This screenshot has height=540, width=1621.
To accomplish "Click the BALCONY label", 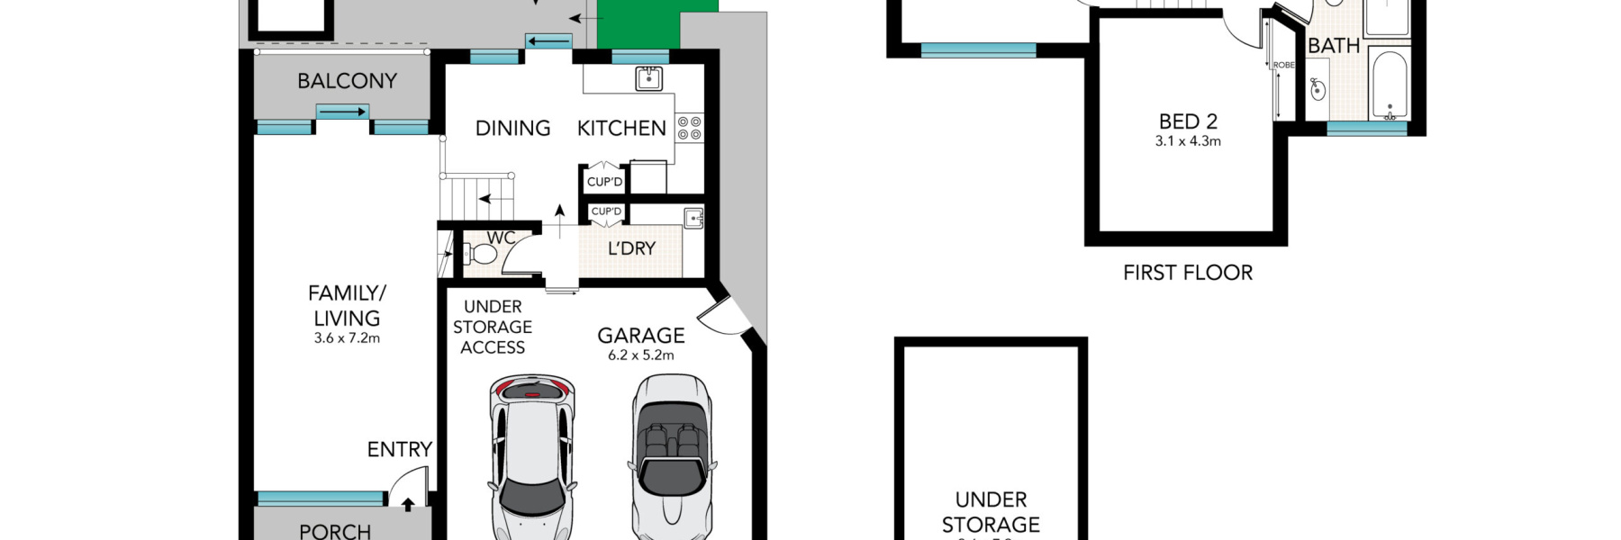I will (x=347, y=81).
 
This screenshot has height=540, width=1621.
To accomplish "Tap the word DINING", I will (x=512, y=129).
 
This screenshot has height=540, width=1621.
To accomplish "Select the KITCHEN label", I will (x=621, y=129).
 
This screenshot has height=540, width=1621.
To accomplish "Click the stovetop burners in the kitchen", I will (x=690, y=128).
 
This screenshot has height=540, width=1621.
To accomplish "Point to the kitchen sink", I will (x=648, y=78).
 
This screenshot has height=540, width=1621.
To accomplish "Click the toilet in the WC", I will (x=481, y=254).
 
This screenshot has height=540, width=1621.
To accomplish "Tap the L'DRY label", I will (x=631, y=248).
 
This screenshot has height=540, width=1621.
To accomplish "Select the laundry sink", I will (x=693, y=217).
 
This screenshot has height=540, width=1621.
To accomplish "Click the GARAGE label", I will (x=641, y=336).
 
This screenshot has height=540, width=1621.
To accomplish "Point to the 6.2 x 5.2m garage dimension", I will (x=641, y=355).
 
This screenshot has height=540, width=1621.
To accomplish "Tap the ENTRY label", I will (x=399, y=449).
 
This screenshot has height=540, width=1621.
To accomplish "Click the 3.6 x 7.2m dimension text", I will (x=347, y=338).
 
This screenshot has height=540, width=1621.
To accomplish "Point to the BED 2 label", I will (x=1188, y=121).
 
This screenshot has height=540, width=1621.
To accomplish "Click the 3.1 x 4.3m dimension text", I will (x=1188, y=141).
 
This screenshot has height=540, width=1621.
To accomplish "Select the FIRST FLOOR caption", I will (x=1188, y=273).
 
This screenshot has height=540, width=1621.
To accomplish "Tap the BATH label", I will (x=1333, y=46).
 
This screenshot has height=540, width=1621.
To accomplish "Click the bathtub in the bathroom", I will (x=1389, y=85).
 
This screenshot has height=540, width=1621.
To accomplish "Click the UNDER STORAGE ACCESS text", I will (x=493, y=327).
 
